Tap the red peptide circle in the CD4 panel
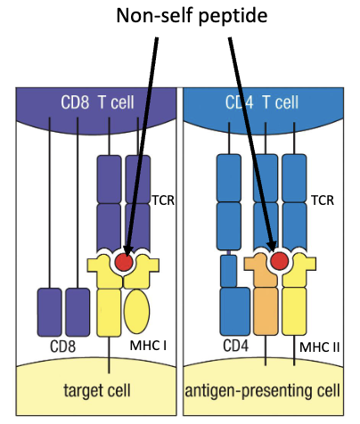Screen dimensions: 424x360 click(279, 260)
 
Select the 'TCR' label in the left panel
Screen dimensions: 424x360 click(162, 200)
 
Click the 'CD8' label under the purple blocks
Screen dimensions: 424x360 click(61, 344)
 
